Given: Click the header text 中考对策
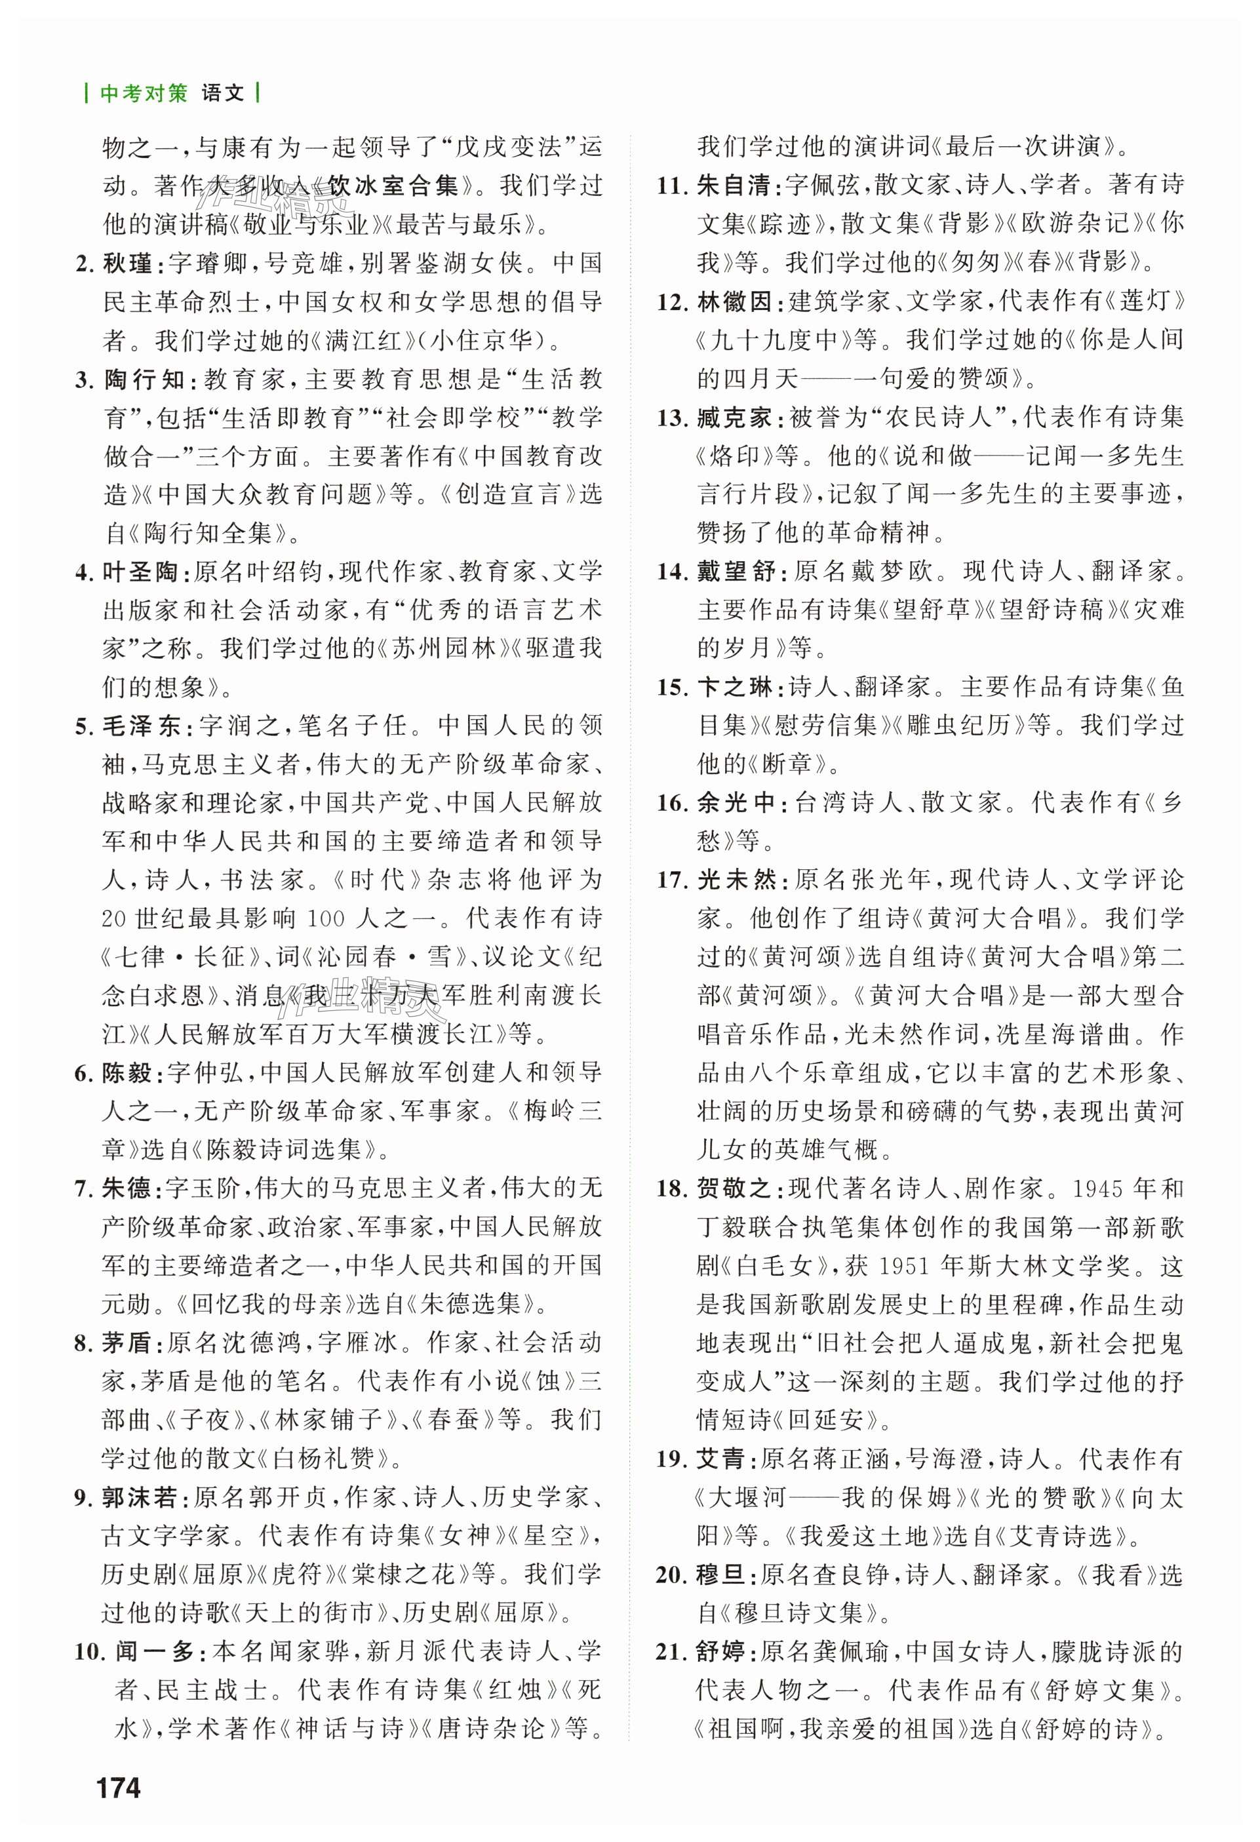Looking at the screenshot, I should click(144, 94).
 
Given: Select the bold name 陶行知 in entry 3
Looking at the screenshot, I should click(144, 379).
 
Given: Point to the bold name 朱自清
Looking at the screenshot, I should click(734, 186).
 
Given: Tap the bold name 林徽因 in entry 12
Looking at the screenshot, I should click(734, 301).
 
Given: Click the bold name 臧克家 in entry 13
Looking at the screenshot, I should click(734, 417).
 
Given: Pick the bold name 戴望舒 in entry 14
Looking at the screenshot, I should click(734, 572).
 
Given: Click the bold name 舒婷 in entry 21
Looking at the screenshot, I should click(721, 1652).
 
